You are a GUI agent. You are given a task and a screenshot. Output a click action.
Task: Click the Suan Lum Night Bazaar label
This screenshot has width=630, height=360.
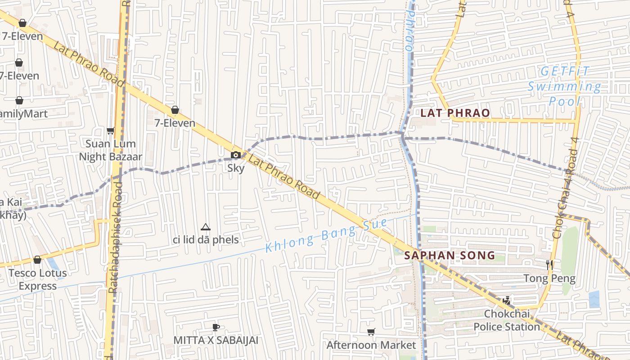111,150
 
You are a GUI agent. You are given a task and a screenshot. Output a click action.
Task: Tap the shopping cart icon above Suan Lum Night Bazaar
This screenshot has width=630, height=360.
110,131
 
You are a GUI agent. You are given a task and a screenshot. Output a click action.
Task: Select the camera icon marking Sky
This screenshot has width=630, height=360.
235,155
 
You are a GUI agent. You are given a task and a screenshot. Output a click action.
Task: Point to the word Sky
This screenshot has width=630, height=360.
236,168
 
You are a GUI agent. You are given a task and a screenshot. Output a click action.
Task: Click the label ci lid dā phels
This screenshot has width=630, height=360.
206,239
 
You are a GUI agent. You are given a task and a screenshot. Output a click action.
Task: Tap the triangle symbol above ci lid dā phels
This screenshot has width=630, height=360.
206,227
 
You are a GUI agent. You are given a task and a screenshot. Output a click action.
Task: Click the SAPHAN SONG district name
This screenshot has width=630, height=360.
450,256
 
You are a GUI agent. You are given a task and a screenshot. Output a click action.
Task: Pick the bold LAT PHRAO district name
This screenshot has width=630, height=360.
455,113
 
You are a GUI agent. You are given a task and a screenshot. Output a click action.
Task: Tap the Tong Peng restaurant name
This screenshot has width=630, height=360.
549,279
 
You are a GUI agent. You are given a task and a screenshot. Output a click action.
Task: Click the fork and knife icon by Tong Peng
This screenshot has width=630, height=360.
549,265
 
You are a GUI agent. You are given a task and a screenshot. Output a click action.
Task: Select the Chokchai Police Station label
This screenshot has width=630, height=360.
507,320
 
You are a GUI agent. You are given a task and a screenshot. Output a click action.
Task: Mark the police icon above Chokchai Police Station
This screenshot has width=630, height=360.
507,300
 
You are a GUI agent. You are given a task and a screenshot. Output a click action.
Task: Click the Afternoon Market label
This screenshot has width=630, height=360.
371,345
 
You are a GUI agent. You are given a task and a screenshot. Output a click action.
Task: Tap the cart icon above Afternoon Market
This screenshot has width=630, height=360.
371,332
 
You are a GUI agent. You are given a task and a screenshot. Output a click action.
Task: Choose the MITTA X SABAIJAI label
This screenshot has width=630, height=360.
216,340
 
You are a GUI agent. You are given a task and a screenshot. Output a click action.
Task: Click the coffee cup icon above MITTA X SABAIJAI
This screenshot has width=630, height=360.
216,327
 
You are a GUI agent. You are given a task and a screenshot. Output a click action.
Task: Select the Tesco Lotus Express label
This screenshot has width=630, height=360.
38,279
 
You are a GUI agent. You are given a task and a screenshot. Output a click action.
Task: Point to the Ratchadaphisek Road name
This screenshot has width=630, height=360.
115,237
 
